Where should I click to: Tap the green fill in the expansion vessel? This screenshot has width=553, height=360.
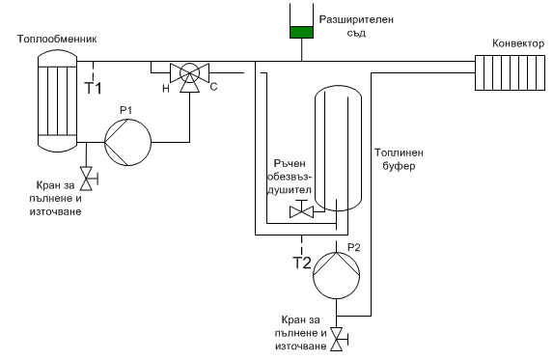[301, 32]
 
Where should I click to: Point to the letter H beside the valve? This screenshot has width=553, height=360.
[166, 89]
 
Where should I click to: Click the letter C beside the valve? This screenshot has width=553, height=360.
[213, 87]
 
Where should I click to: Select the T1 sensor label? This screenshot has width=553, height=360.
[93, 88]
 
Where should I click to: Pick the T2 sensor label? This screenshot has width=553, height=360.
[302, 263]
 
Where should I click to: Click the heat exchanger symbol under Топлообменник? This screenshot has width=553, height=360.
[57, 100]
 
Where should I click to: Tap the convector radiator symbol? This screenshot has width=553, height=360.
[510, 72]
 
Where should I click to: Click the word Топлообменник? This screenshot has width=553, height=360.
[57, 39]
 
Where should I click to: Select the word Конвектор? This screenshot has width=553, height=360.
[518, 43]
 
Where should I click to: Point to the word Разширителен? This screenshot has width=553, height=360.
[356, 19]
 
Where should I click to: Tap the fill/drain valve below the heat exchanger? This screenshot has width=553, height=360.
[87, 179]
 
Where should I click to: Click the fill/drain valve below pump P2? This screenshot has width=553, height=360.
[338, 339]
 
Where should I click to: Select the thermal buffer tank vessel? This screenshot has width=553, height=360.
[338, 149]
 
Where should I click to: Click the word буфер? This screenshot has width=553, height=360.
[399, 166]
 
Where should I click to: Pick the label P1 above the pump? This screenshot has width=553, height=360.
[125, 110]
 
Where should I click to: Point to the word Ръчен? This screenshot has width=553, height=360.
[290, 164]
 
